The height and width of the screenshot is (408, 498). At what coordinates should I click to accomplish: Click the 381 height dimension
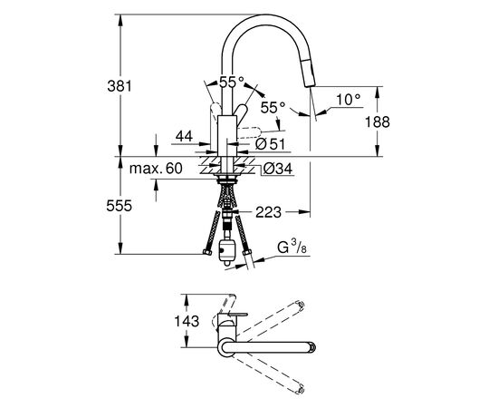pyautogui.click(x=120, y=86)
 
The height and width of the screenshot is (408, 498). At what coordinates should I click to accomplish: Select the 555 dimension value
pyautogui.click(x=120, y=206)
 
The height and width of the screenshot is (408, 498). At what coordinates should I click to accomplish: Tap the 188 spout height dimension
pyautogui.click(x=377, y=121)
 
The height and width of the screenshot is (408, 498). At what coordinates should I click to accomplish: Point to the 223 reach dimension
pyautogui.click(x=268, y=212)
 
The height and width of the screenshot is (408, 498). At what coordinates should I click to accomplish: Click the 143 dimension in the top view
pyautogui.click(x=187, y=321)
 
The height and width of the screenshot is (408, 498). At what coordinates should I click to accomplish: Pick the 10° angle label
pyautogui.click(x=349, y=100)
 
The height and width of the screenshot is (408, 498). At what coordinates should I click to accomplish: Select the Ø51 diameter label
pyautogui.click(x=271, y=144)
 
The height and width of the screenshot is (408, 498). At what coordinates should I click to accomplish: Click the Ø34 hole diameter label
pyautogui.click(x=278, y=169)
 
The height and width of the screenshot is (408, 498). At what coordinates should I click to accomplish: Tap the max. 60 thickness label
pyautogui.click(x=156, y=169)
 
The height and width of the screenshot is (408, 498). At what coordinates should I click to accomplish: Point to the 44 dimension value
pyautogui.click(x=184, y=136)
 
